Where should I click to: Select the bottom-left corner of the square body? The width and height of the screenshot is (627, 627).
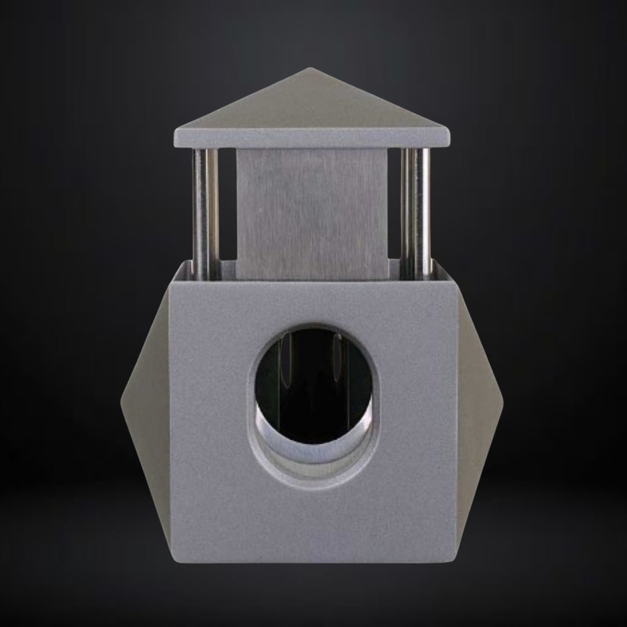[172, 561]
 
